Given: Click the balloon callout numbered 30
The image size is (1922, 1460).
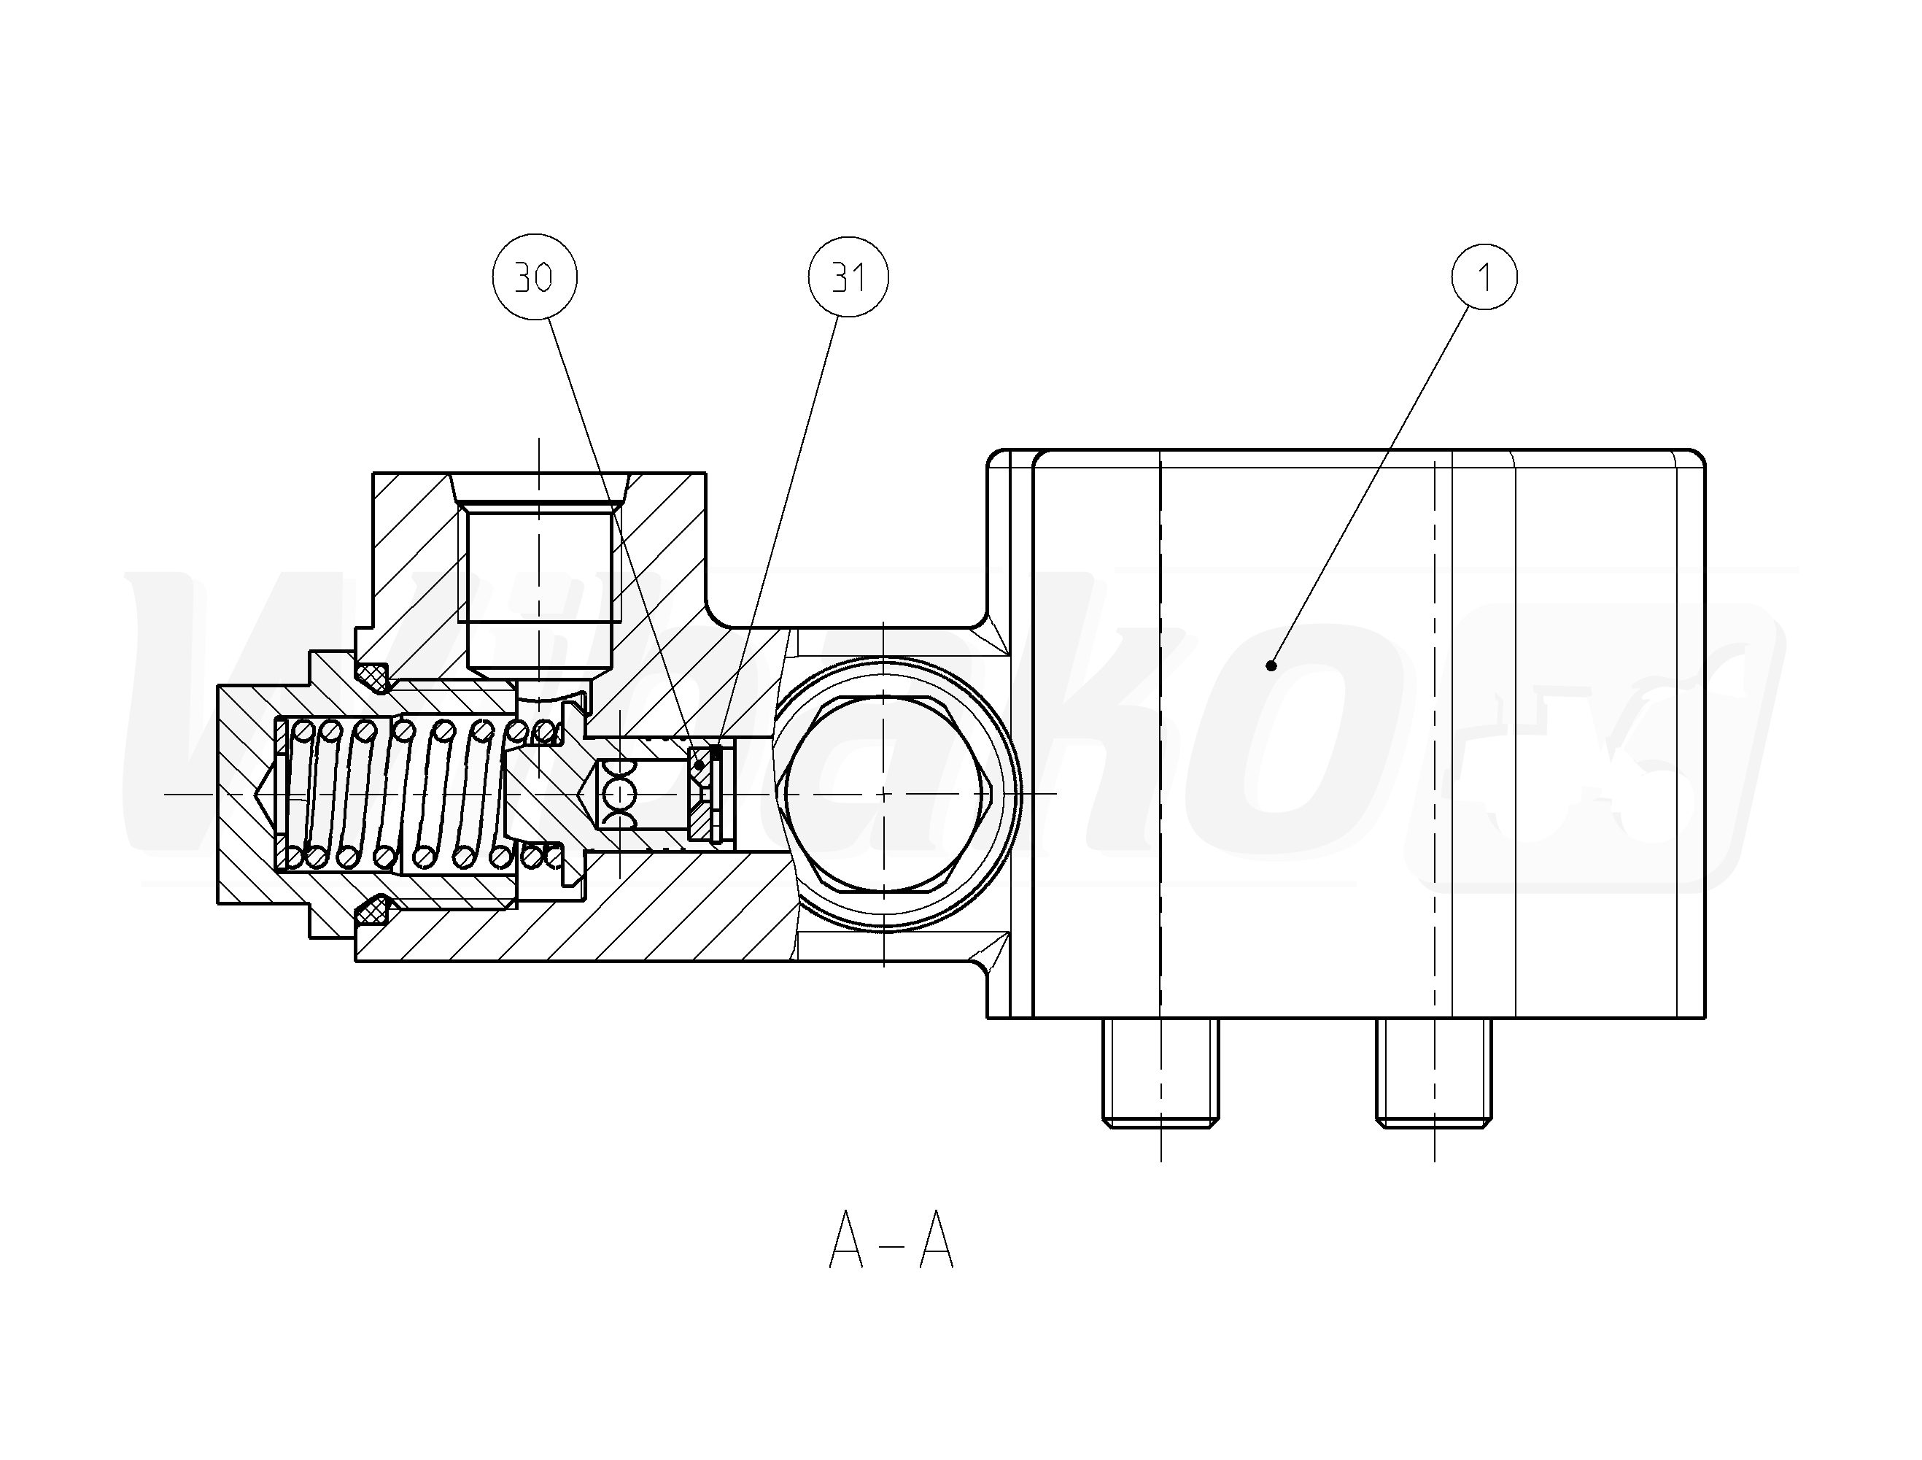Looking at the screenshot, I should pyautogui.click(x=535, y=277).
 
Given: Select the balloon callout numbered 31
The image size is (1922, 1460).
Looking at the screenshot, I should pyautogui.click(x=849, y=277).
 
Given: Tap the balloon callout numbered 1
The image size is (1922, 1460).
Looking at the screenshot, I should pyautogui.click(x=1485, y=277).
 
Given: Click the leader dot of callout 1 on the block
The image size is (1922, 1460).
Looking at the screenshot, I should pyautogui.click(x=1271, y=665).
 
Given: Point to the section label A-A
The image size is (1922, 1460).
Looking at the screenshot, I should pyautogui.click(x=891, y=1241).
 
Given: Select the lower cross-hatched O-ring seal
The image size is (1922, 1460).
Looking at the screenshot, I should pyautogui.click(x=374, y=911).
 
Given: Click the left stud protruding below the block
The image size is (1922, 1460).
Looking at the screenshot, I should pyautogui.click(x=1160, y=1073).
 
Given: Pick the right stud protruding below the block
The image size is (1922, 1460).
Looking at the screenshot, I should pyautogui.click(x=1434, y=1073).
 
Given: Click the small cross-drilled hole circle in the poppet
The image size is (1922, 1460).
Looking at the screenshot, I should pyautogui.click(x=619, y=793).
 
